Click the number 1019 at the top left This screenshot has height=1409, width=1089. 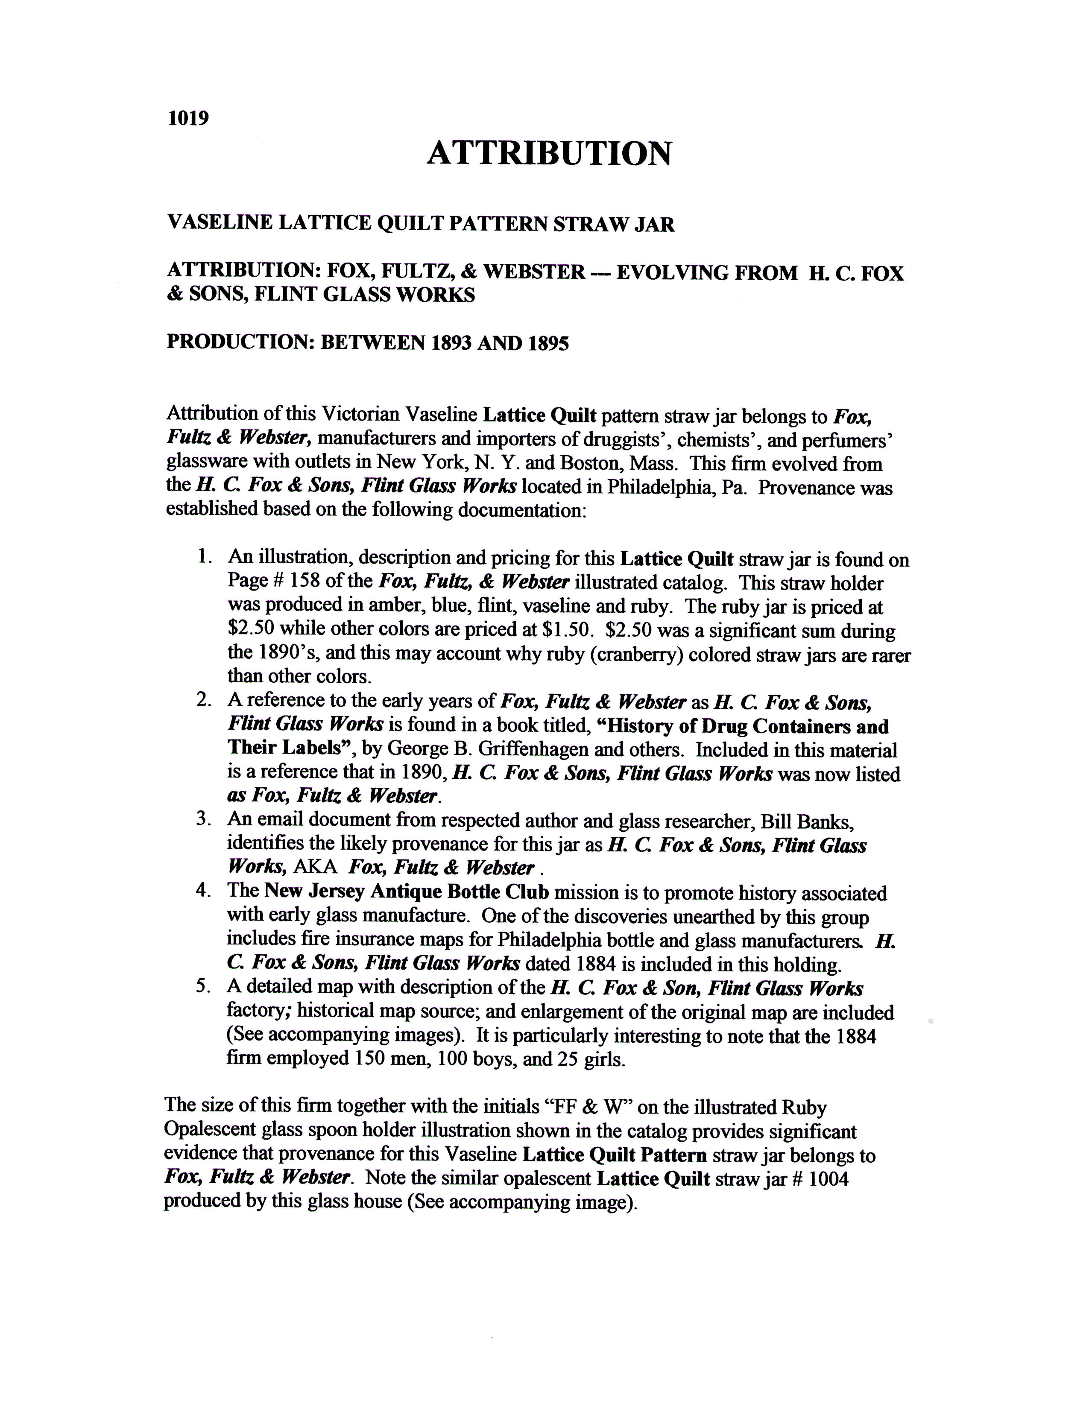188,119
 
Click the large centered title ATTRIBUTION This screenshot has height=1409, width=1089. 549,154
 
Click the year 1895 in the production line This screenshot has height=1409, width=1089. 548,342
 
